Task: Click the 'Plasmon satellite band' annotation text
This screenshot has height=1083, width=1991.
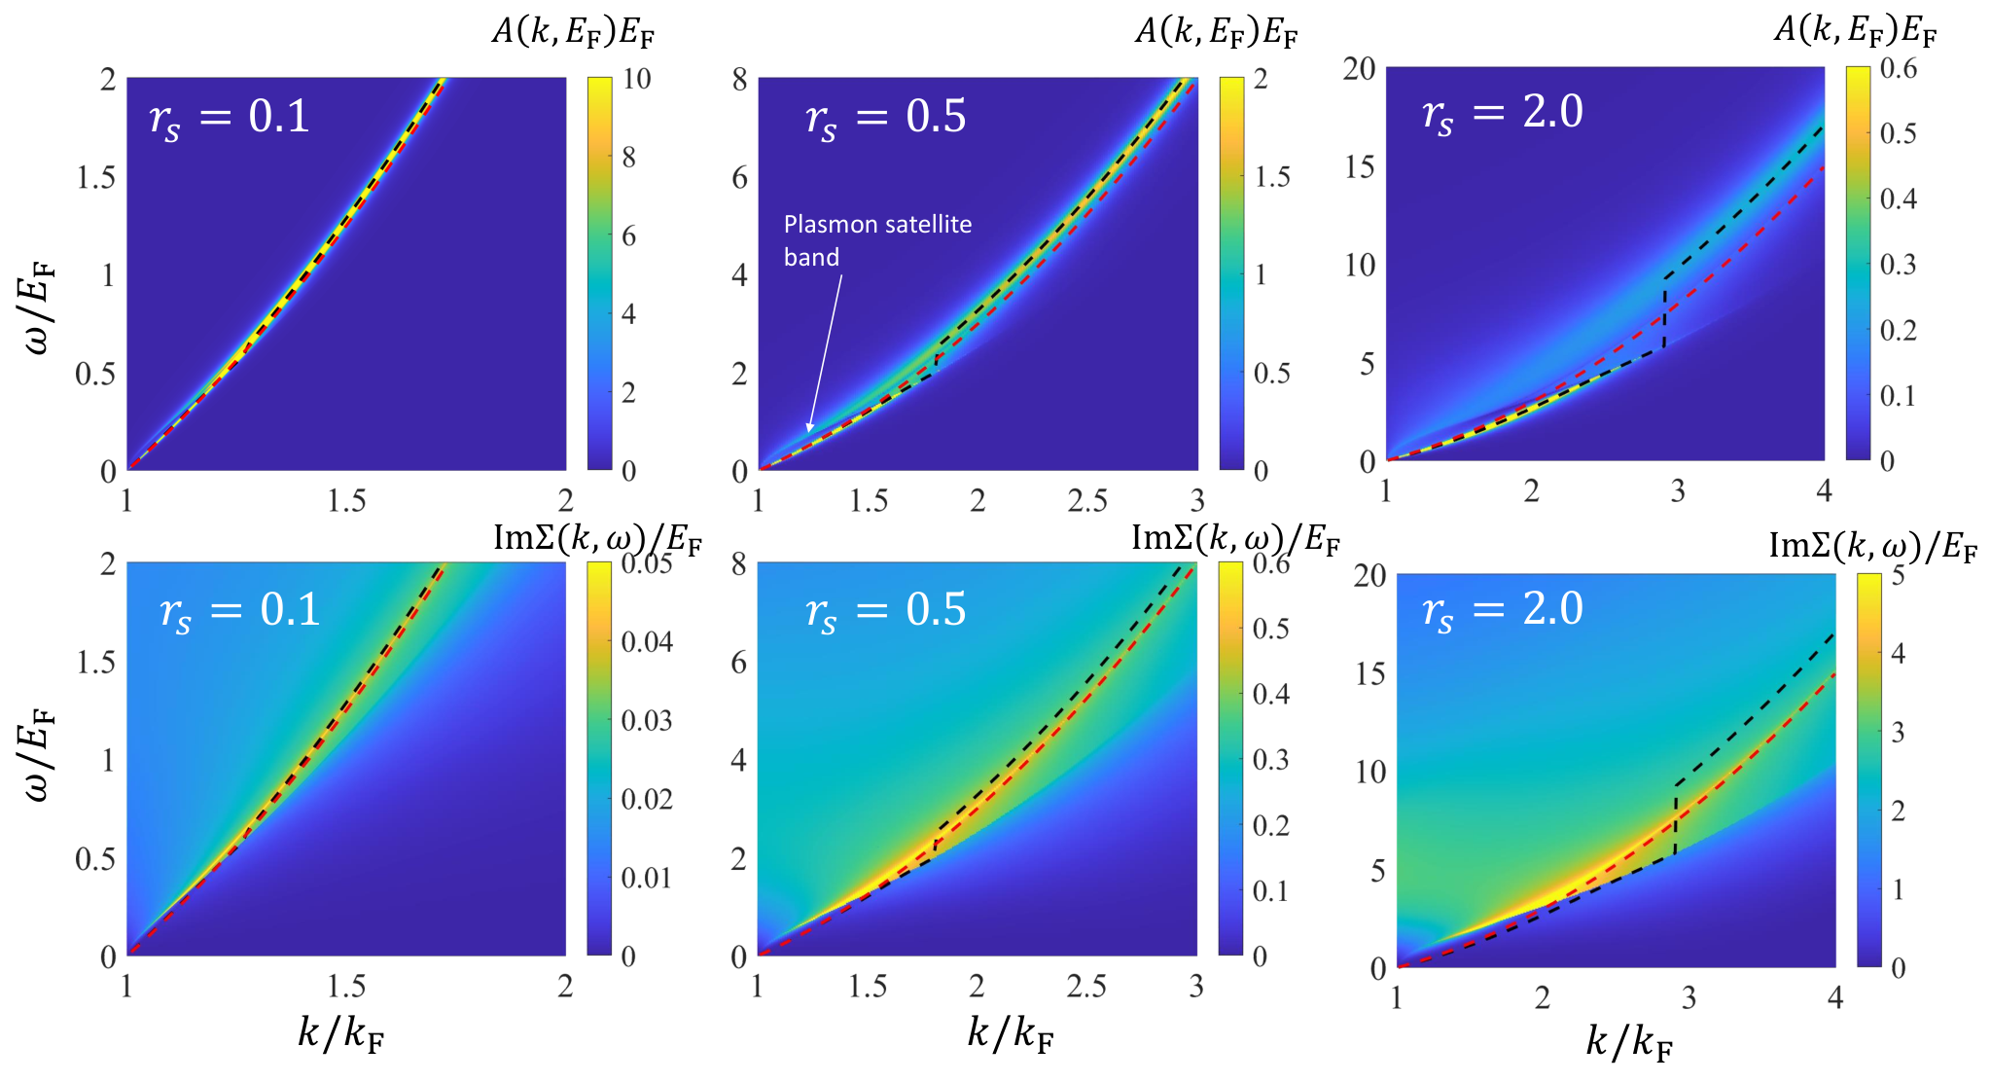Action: point(877,240)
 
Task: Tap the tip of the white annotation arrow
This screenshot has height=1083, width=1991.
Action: point(808,432)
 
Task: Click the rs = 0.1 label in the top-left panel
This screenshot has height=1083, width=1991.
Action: point(230,118)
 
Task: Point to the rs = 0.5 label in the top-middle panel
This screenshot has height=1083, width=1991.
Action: point(886,118)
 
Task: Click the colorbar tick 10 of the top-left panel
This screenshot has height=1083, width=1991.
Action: point(637,79)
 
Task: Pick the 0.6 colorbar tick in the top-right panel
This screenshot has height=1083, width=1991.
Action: point(1899,68)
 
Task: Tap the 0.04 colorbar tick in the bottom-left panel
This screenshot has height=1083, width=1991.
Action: point(648,641)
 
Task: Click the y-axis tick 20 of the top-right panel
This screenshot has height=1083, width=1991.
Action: point(1359,68)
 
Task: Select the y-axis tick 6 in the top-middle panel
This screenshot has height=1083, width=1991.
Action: point(740,177)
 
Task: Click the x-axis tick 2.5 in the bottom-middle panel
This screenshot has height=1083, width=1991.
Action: point(1086,987)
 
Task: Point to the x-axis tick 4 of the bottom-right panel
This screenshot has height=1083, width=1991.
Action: point(1835,997)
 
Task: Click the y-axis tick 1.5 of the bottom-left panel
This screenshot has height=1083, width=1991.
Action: point(96,663)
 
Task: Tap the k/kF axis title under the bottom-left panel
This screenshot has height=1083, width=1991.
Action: point(340,1034)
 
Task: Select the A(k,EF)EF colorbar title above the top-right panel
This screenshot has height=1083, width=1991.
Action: point(1855,31)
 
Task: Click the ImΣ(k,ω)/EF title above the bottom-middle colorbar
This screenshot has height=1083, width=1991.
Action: point(1235,538)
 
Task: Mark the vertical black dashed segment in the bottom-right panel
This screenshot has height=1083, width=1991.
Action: point(1676,819)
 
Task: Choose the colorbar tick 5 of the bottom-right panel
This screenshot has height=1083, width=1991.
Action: point(1898,575)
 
